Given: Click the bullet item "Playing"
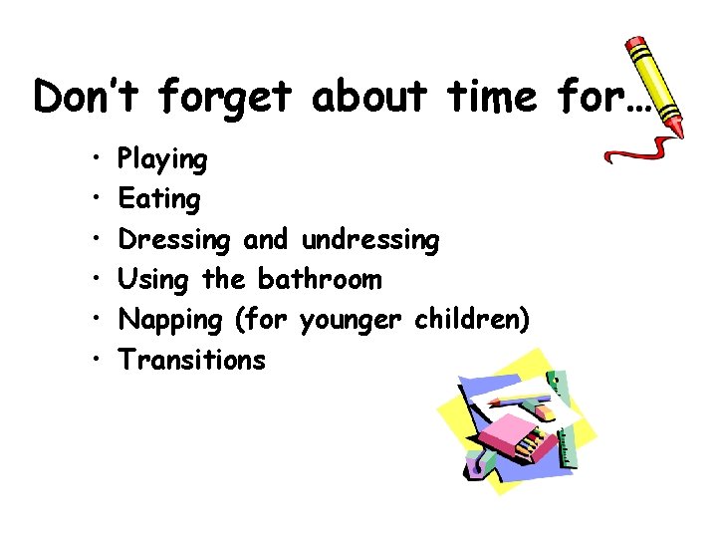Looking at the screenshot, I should (162, 159).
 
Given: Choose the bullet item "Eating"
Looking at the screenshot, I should (159, 199).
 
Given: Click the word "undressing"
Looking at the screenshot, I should (369, 240).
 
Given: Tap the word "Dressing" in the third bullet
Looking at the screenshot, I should (174, 240).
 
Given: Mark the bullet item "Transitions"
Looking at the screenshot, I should (192, 359).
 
